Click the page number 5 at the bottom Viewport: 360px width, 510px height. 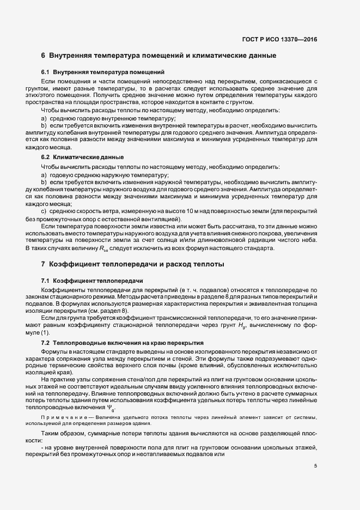click(315, 465)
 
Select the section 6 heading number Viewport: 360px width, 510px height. click(43, 56)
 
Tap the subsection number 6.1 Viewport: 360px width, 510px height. click(45, 72)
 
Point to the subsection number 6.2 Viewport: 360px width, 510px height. click(45, 157)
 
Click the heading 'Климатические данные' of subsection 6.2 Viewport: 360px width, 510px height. click(88, 157)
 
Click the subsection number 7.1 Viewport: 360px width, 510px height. click(45, 280)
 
